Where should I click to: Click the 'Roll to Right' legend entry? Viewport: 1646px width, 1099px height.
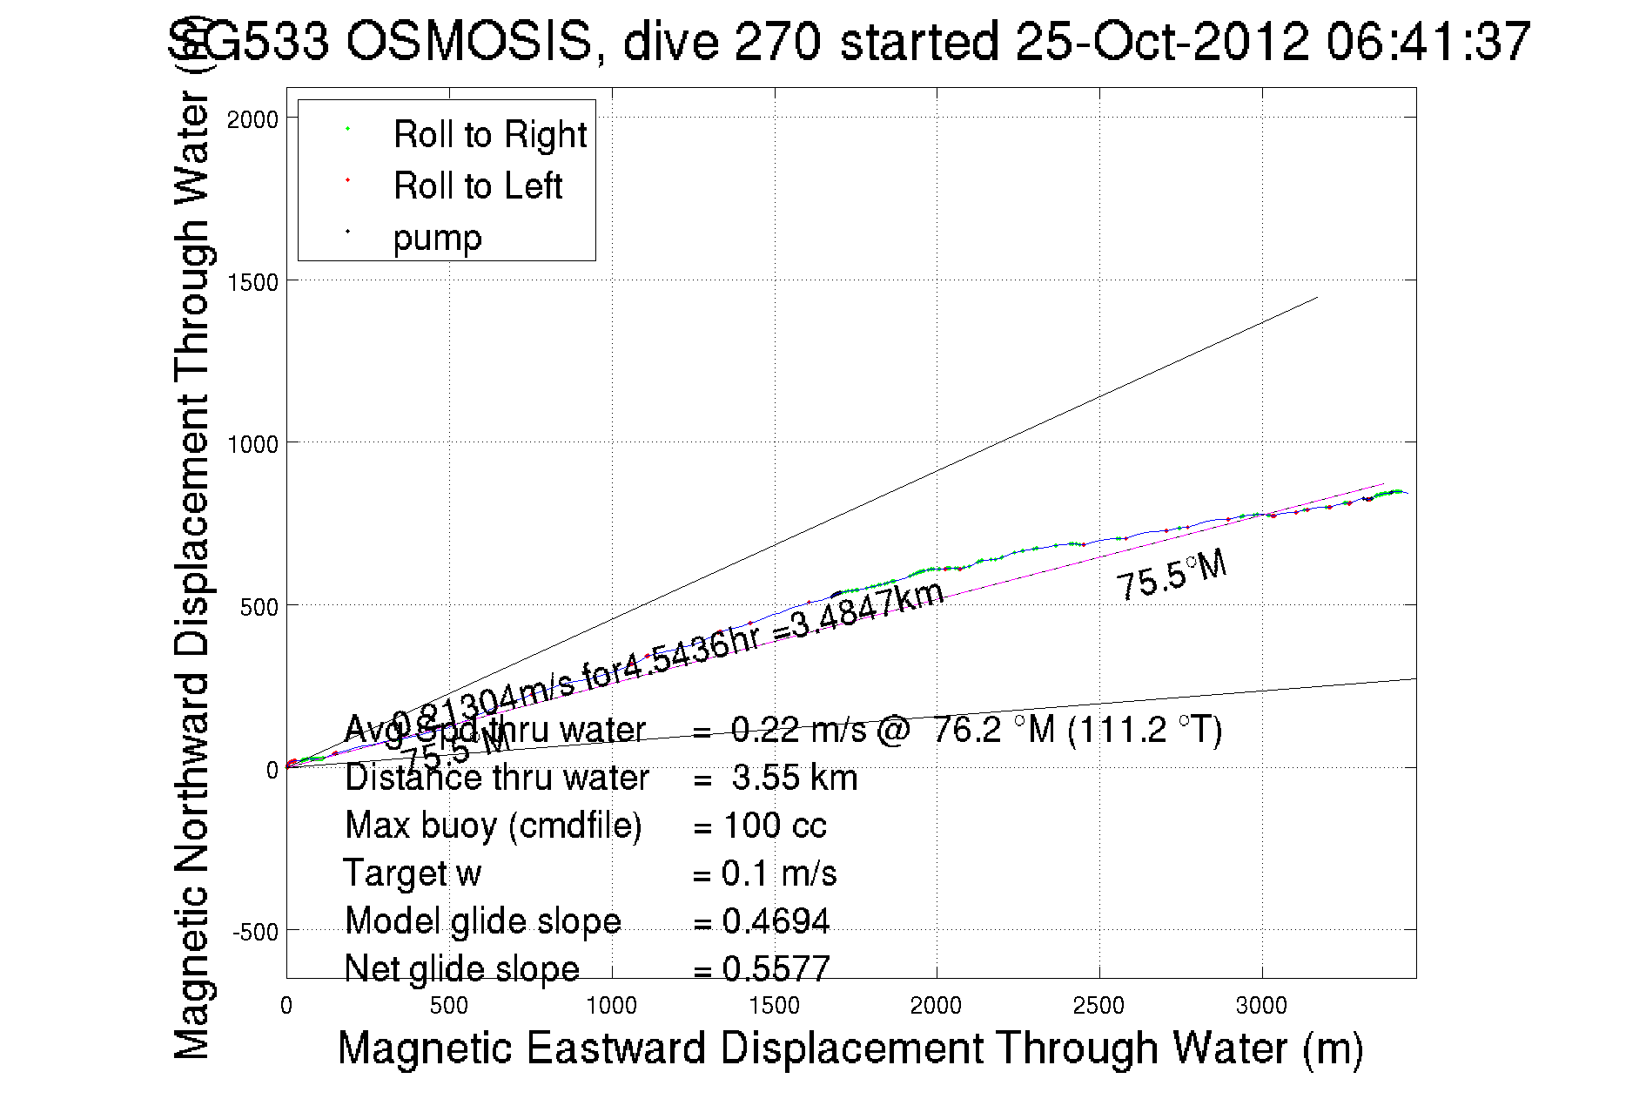coord(489,134)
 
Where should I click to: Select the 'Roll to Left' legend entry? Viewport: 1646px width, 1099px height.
coord(477,185)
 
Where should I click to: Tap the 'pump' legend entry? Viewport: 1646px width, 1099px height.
coord(437,237)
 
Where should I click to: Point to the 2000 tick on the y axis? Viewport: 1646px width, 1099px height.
coord(252,119)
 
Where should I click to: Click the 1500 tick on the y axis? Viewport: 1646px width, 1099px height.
coord(252,282)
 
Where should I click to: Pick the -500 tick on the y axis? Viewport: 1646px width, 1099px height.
coord(254,933)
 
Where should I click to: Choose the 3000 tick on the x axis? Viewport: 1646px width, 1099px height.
coord(1261,1006)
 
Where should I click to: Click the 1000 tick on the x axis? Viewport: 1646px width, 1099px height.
coord(611,1006)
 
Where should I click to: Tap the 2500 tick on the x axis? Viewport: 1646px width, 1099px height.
coord(1098,1006)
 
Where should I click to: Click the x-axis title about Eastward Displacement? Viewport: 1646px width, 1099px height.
coord(850,1048)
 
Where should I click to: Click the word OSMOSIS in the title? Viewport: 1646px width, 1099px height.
coord(469,41)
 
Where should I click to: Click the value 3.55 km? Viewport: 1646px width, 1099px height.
coord(794,778)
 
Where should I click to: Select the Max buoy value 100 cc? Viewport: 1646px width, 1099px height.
coord(774,826)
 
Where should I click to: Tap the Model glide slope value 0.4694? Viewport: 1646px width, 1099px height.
coord(776,921)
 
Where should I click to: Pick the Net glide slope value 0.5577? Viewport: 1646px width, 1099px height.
coord(776,968)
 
